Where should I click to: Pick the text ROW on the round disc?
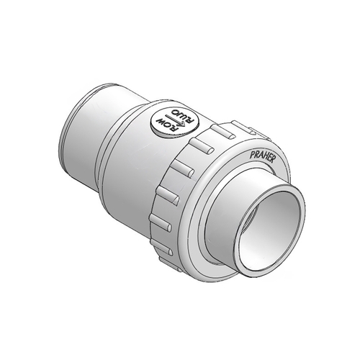coord(168,127)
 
